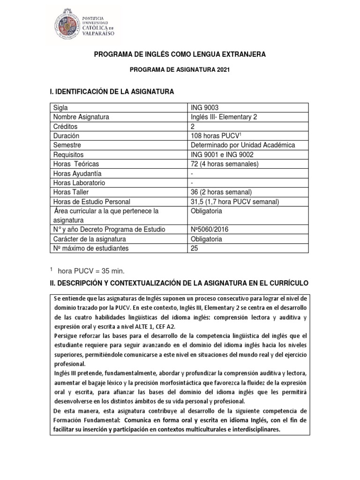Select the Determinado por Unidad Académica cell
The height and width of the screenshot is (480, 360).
click(239, 145)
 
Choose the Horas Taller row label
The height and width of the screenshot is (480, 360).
click(70, 192)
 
